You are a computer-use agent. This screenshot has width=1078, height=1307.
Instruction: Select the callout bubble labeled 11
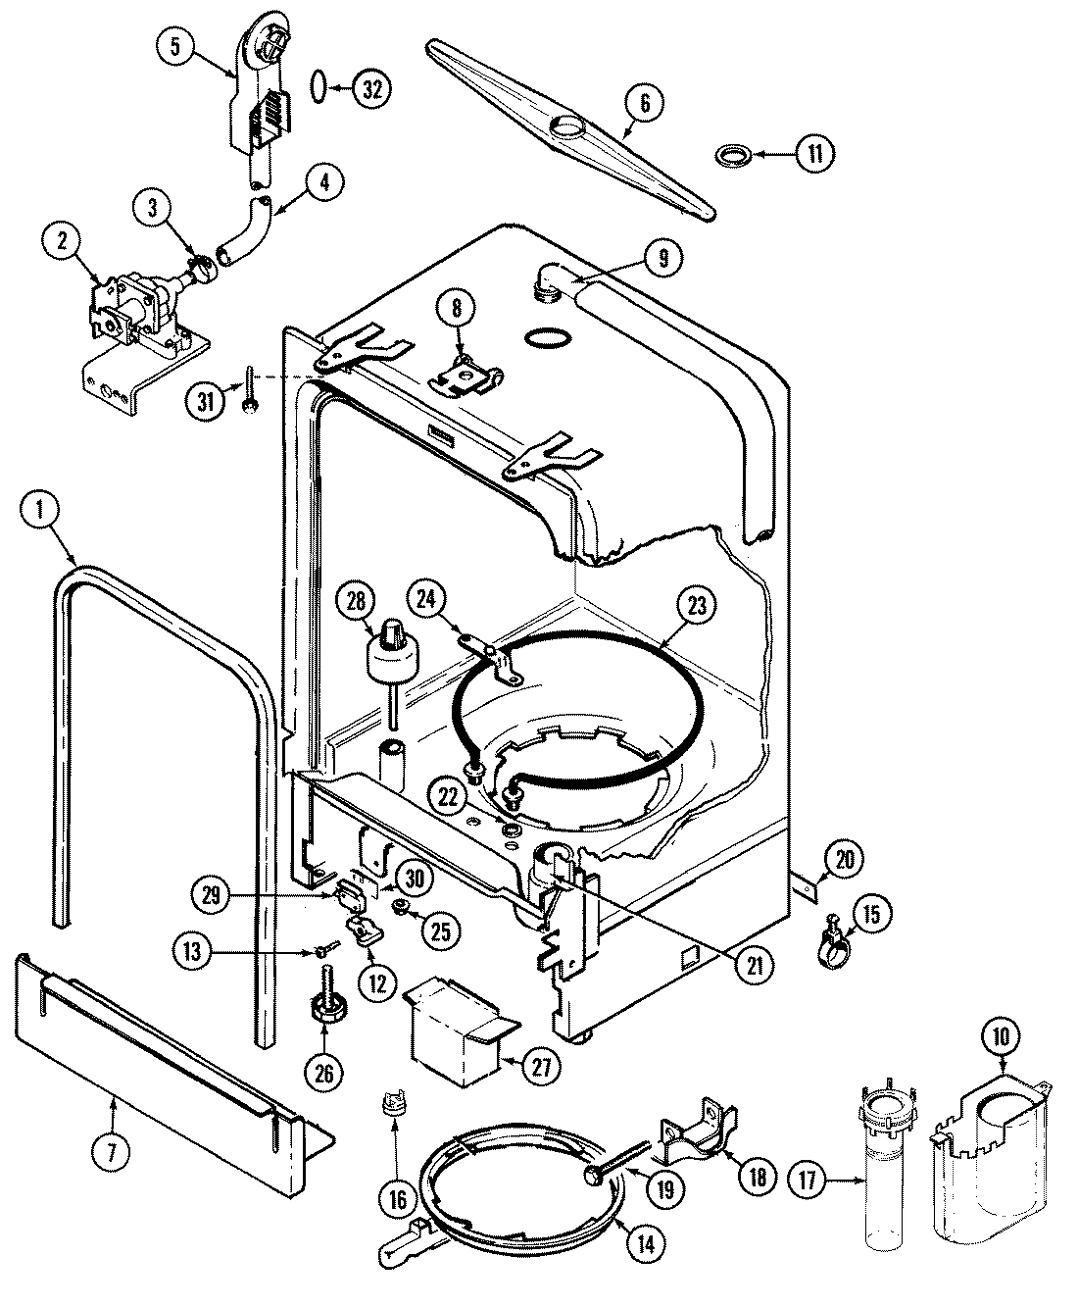pos(814,153)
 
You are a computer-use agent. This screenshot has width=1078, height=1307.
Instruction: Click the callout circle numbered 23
pos(696,604)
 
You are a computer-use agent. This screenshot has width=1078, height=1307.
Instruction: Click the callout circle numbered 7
pos(113,1153)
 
